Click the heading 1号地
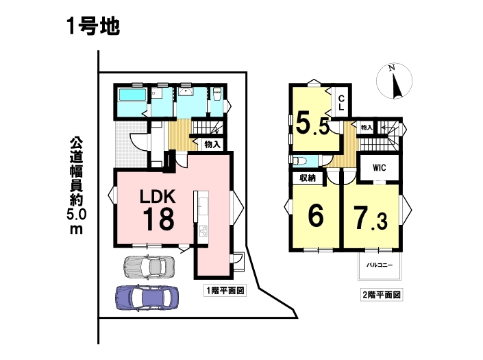[x=92, y=27]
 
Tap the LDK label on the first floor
[x=158, y=196]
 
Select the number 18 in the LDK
[x=158, y=219]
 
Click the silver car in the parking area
[x=149, y=265]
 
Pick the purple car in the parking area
[x=147, y=297]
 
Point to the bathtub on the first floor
[x=132, y=95]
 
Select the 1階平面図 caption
[x=225, y=290]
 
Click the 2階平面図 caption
[x=382, y=295]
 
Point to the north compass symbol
[x=395, y=82]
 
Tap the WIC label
[x=379, y=168]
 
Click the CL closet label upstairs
[x=341, y=103]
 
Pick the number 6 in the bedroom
[x=316, y=215]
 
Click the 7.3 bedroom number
[x=371, y=218]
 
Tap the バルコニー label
[x=380, y=265]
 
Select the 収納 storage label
[x=308, y=178]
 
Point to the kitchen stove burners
[x=203, y=230]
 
